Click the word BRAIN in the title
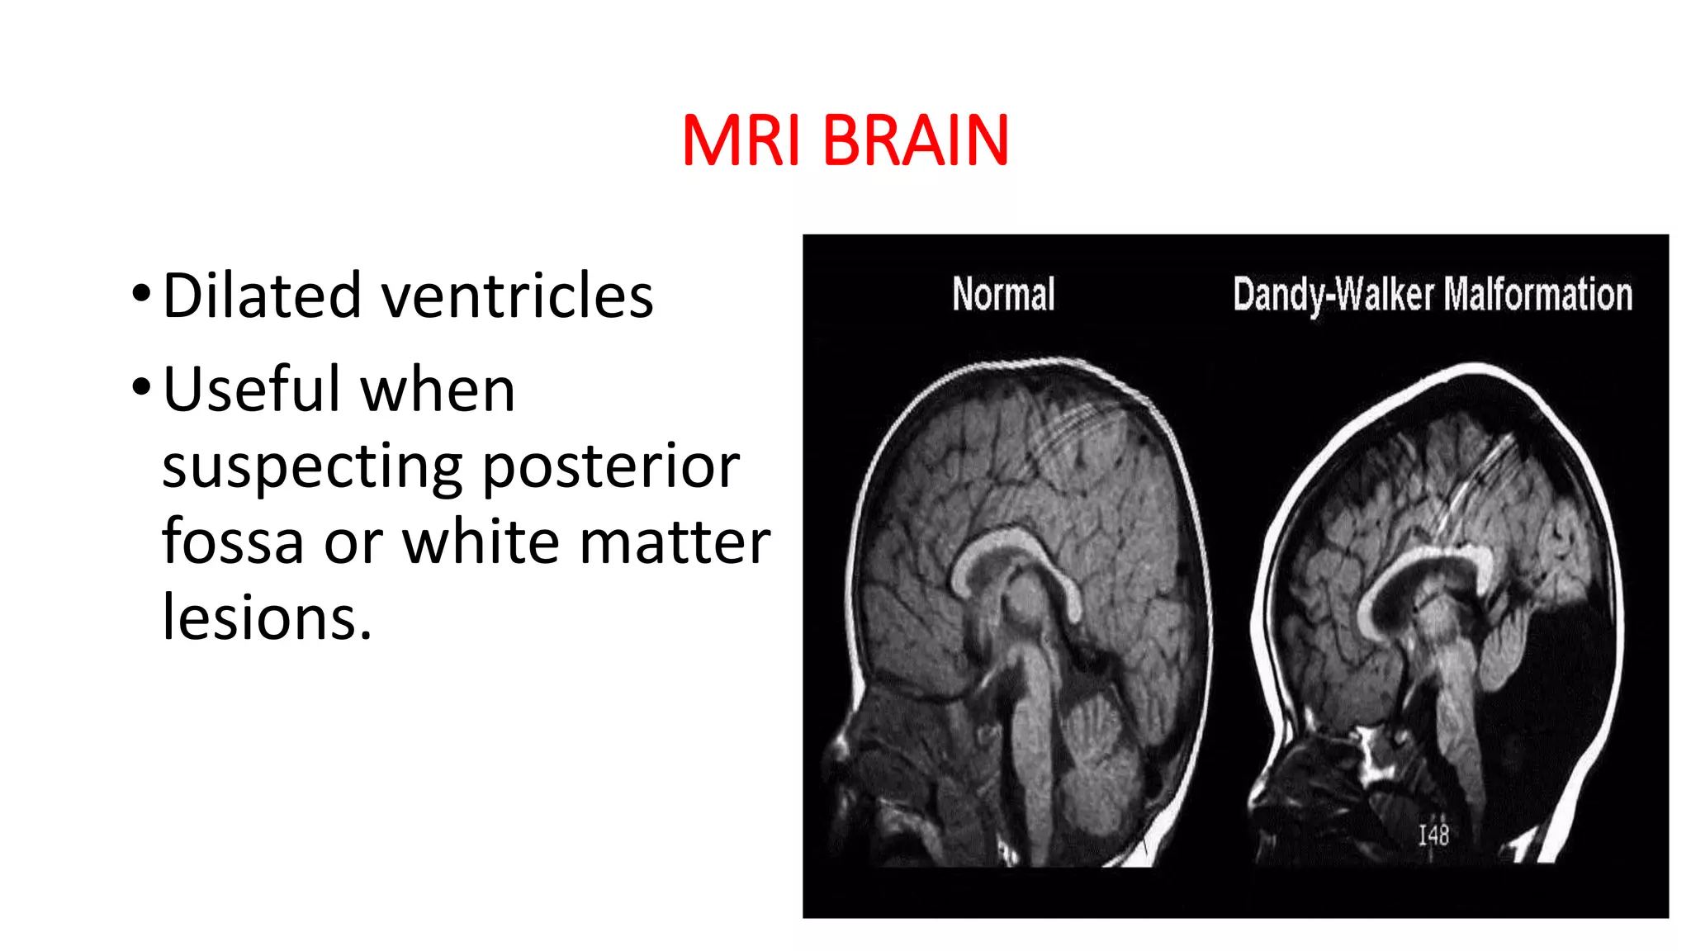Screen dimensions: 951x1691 pyautogui.click(x=916, y=140)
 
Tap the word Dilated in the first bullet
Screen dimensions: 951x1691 pyautogui.click(x=262, y=296)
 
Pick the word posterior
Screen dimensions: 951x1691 pyautogui.click(x=611, y=467)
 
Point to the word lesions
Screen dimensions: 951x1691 pyautogui.click(x=267, y=617)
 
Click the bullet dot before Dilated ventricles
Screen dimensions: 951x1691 pyautogui.click(x=141, y=293)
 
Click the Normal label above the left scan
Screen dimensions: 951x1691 pyautogui.click(x=1003, y=294)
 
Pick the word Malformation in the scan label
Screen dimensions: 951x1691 pyautogui.click(x=1539, y=294)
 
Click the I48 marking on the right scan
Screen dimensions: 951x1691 pyautogui.click(x=1433, y=835)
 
